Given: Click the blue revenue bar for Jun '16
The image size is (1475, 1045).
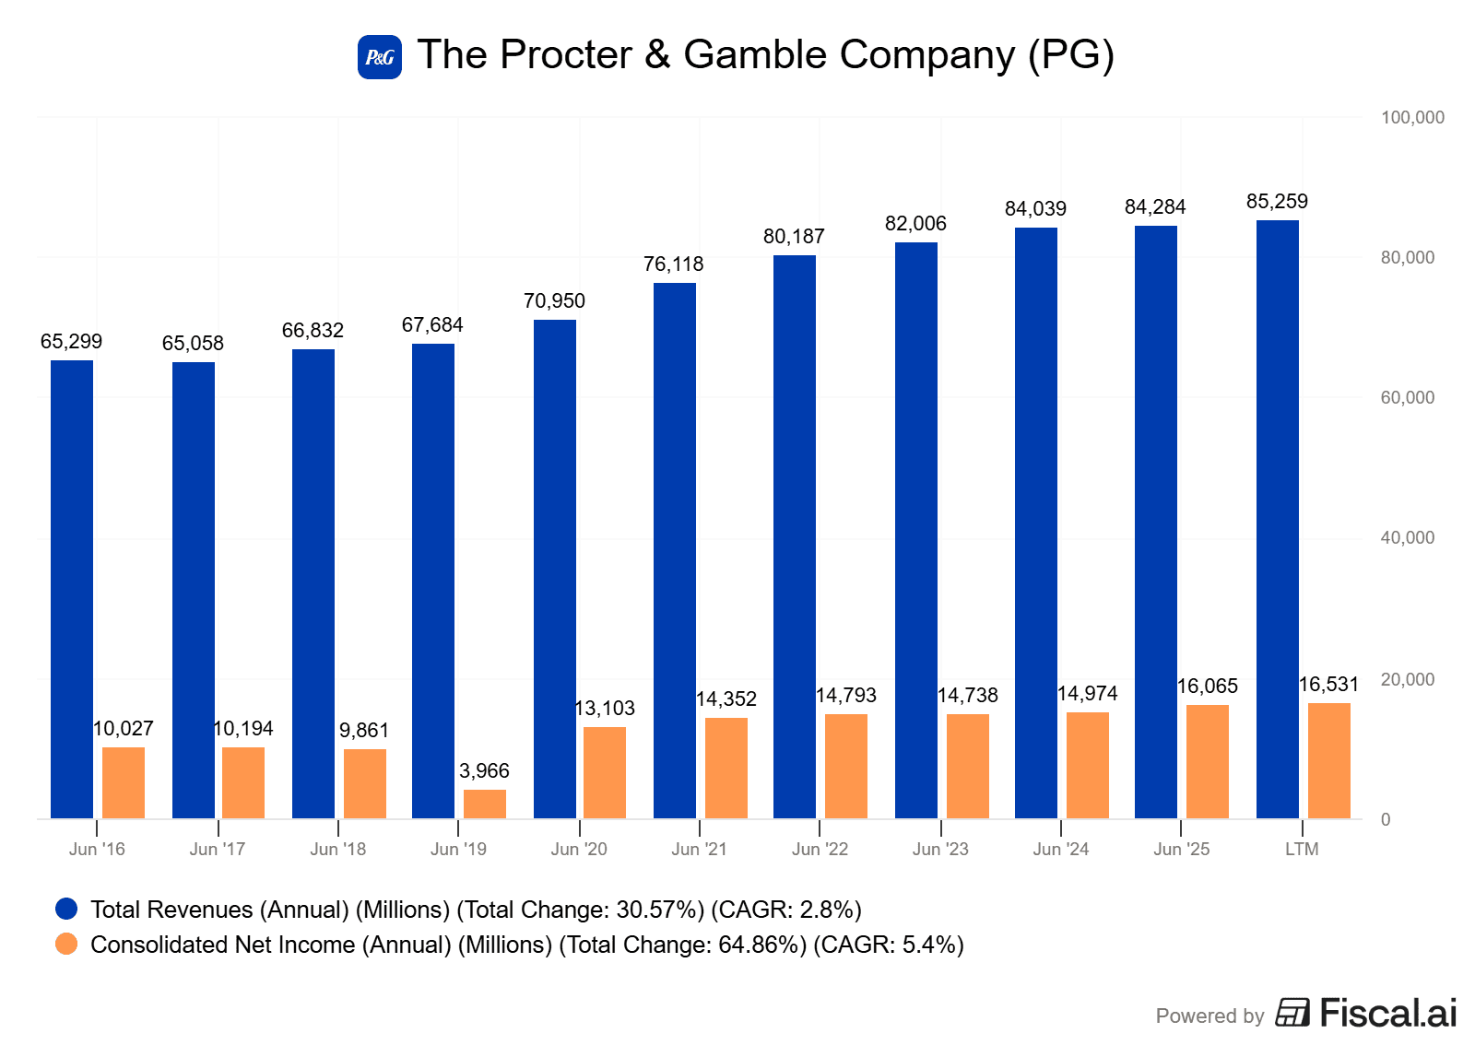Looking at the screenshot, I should click(72, 589).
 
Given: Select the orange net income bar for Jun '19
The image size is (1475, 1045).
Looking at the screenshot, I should click(485, 804).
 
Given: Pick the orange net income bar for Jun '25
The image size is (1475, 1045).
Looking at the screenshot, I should click(1208, 761).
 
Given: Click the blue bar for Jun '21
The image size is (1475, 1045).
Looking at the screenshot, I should click(675, 550).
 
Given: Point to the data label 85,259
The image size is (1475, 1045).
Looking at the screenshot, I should click(1277, 201).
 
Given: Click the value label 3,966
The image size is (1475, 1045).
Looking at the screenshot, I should click(484, 770).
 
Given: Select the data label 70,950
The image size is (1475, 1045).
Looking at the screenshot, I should click(554, 300).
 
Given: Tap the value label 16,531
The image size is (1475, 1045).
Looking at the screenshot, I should click(1328, 684).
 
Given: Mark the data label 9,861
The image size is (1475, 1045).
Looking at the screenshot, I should click(364, 730).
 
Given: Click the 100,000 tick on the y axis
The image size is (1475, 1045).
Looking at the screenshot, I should click(1411, 117).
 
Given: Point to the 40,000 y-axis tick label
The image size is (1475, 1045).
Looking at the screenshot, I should click(1407, 537).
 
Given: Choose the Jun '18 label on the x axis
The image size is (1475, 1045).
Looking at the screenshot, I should click(338, 849).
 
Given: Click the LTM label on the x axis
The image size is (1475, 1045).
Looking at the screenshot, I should click(1302, 849).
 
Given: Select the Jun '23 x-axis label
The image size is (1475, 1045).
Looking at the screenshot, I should click(940, 849).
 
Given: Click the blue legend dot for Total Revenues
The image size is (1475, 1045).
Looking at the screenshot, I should click(66, 909).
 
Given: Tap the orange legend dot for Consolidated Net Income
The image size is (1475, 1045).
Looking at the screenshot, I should click(66, 944).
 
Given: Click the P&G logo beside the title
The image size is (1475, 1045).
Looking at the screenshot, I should click(380, 57).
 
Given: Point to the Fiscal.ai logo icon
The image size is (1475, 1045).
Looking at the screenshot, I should click(1292, 1012).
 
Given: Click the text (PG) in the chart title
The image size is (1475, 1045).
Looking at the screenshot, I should click(1071, 55).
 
